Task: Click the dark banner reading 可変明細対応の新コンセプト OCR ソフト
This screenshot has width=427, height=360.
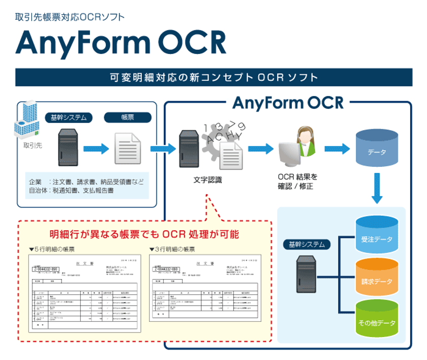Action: [213, 78]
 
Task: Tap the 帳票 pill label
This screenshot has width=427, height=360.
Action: [128, 117]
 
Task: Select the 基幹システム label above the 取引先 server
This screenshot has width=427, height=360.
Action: [69, 117]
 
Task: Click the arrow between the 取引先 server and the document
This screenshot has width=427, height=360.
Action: [97, 148]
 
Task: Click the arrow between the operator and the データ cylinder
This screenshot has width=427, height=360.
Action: [338, 148]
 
